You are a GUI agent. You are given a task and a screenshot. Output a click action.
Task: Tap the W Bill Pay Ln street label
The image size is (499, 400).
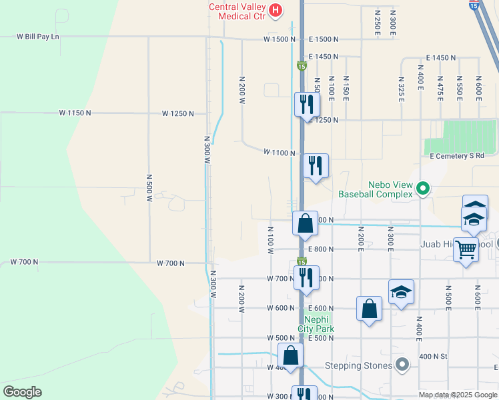tap(38, 37)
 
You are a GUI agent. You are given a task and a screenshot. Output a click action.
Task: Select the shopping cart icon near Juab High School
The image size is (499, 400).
tap(466, 250)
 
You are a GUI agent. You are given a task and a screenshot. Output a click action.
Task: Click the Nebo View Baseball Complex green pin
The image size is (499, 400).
tap(422, 189)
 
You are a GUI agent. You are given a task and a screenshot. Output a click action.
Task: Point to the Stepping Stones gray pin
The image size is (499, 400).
tap(402, 365)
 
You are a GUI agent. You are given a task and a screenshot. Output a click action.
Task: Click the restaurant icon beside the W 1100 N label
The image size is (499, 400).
tap(314, 166)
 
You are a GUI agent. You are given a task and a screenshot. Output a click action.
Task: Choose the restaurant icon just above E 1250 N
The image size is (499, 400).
tap(307, 104)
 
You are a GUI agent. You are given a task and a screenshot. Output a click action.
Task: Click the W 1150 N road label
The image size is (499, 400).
tap(75, 113)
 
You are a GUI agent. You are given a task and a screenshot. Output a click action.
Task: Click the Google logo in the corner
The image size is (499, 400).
tap(22, 392)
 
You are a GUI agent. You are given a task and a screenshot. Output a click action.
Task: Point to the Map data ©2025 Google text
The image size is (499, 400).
tap(458, 395)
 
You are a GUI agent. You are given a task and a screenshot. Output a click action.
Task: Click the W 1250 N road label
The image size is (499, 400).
tap(177, 113)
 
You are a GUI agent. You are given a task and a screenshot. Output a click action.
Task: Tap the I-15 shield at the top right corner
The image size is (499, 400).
tap(473, 5)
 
